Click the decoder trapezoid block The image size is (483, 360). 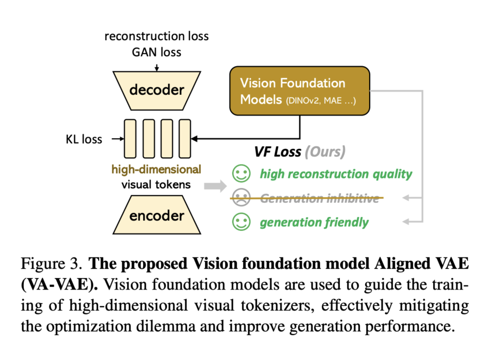click(x=156, y=89)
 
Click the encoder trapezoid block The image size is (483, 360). click(x=156, y=215)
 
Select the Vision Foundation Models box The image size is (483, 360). click(x=300, y=91)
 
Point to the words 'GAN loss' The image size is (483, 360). click(x=157, y=52)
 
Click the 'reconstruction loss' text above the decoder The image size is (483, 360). click(x=157, y=37)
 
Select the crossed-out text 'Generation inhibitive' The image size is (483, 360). click(x=320, y=198)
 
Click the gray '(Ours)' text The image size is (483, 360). click(x=325, y=151)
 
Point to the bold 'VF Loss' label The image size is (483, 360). click(x=278, y=151)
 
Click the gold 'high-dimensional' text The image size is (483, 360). click(x=156, y=169)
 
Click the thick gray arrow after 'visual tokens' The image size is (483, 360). click(x=215, y=186)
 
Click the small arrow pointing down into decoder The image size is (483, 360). click(x=157, y=67)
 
